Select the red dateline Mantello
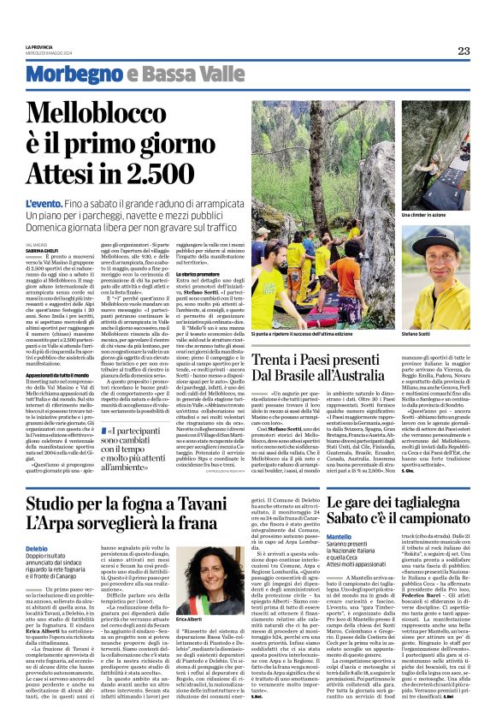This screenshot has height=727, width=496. point(314,534)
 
